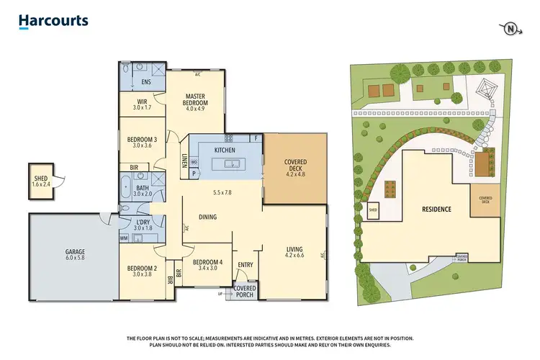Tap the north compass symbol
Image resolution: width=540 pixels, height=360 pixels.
(510, 28)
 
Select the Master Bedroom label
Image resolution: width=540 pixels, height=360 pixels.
(197, 99)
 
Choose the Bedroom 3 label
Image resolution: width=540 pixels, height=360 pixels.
(142, 142)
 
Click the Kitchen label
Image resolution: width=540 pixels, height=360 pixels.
(225, 150)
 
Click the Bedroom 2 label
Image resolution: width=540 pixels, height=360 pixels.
(142, 271)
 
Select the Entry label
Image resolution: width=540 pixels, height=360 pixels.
(245, 265)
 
